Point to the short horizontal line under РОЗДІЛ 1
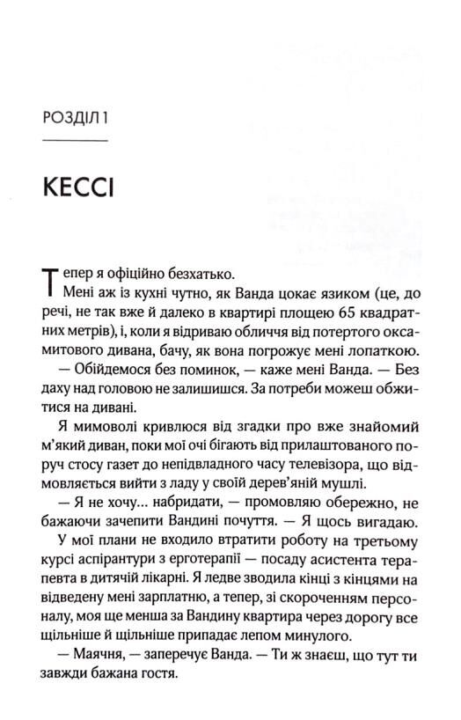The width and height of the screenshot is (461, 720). pyautogui.click(x=75, y=141)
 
